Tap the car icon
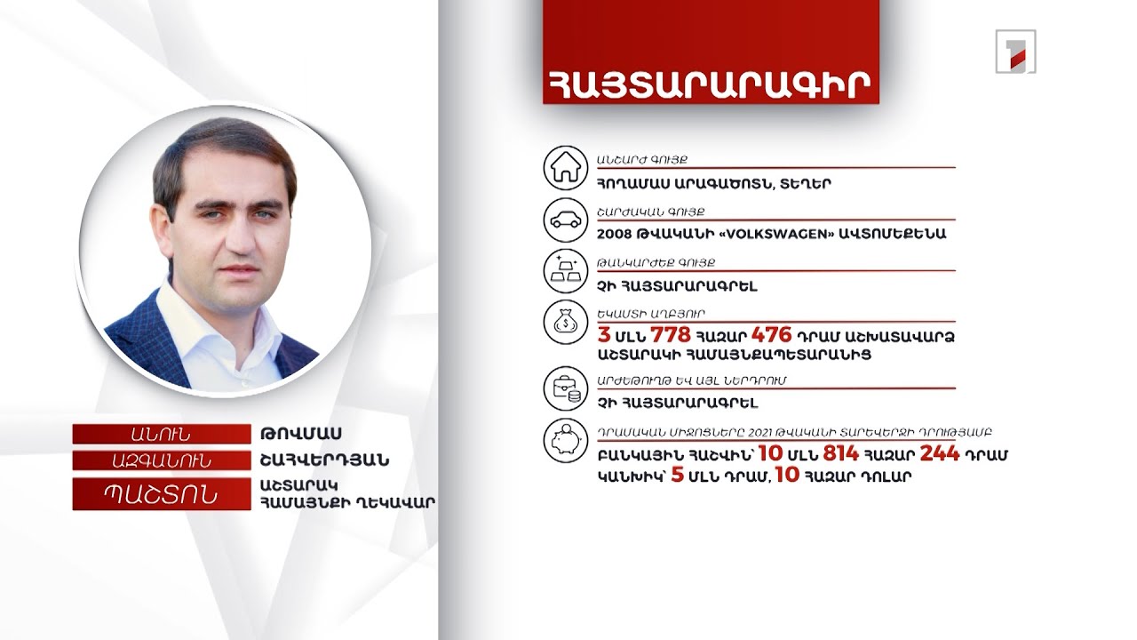(566, 220)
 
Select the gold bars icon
(566, 272)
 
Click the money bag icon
(566, 324)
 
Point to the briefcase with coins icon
(566, 388)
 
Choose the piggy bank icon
(566, 441)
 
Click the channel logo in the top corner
(1015, 51)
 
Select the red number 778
(671, 335)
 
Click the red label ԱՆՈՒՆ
(161, 434)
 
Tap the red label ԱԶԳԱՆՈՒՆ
(161, 461)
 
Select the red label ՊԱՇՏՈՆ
(161, 494)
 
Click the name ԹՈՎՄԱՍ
(302, 434)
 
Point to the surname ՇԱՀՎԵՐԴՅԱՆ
(325, 461)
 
